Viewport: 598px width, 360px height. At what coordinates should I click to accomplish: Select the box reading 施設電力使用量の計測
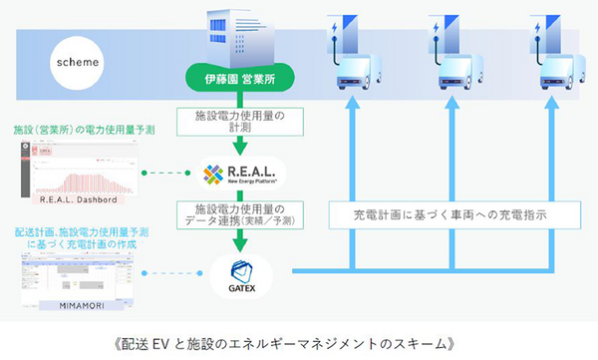click(238, 122)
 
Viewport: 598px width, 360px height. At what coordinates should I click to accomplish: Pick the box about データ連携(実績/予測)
click(238, 215)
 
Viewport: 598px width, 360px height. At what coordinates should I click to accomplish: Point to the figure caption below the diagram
click(298, 341)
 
